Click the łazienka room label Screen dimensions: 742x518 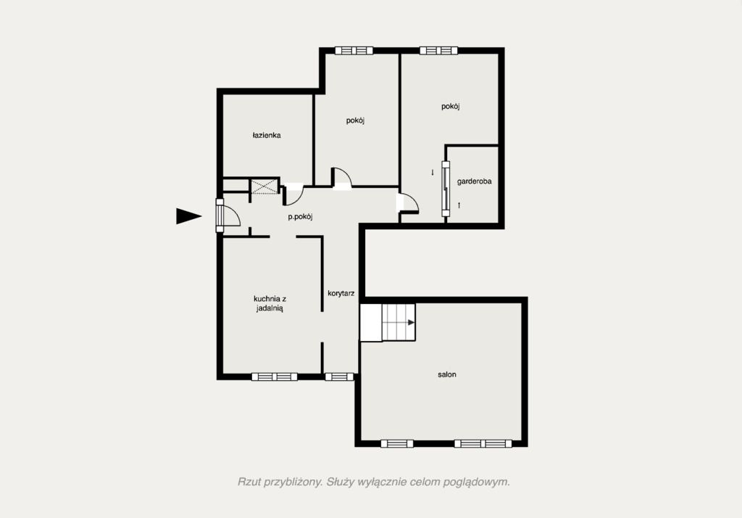(267, 136)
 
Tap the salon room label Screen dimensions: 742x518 (446, 374)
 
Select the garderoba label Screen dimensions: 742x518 (474, 181)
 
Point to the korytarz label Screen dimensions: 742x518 (341, 293)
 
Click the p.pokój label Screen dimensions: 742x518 (301, 217)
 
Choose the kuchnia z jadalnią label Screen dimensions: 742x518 (270, 303)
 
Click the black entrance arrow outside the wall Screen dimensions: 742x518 (189, 216)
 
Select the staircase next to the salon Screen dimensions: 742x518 (388, 322)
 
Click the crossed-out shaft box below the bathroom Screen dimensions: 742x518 (264, 186)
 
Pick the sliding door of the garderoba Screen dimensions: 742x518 (446, 189)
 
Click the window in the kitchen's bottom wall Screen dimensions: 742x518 (275, 377)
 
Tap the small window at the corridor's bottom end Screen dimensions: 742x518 (339, 377)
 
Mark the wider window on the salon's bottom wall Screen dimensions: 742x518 (483, 443)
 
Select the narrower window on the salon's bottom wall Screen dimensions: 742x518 (397, 443)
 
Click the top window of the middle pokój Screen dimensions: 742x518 (354, 51)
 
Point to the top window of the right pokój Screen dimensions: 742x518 (438, 51)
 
